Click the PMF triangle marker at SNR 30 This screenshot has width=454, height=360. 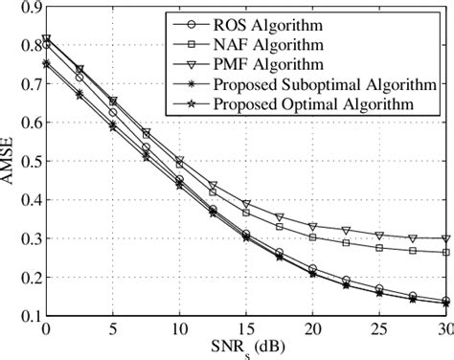[445, 239]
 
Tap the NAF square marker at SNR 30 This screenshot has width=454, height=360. [445, 253]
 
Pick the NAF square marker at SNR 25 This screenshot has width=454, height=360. [379, 247]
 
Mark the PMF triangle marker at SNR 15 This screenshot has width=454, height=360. [246, 204]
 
